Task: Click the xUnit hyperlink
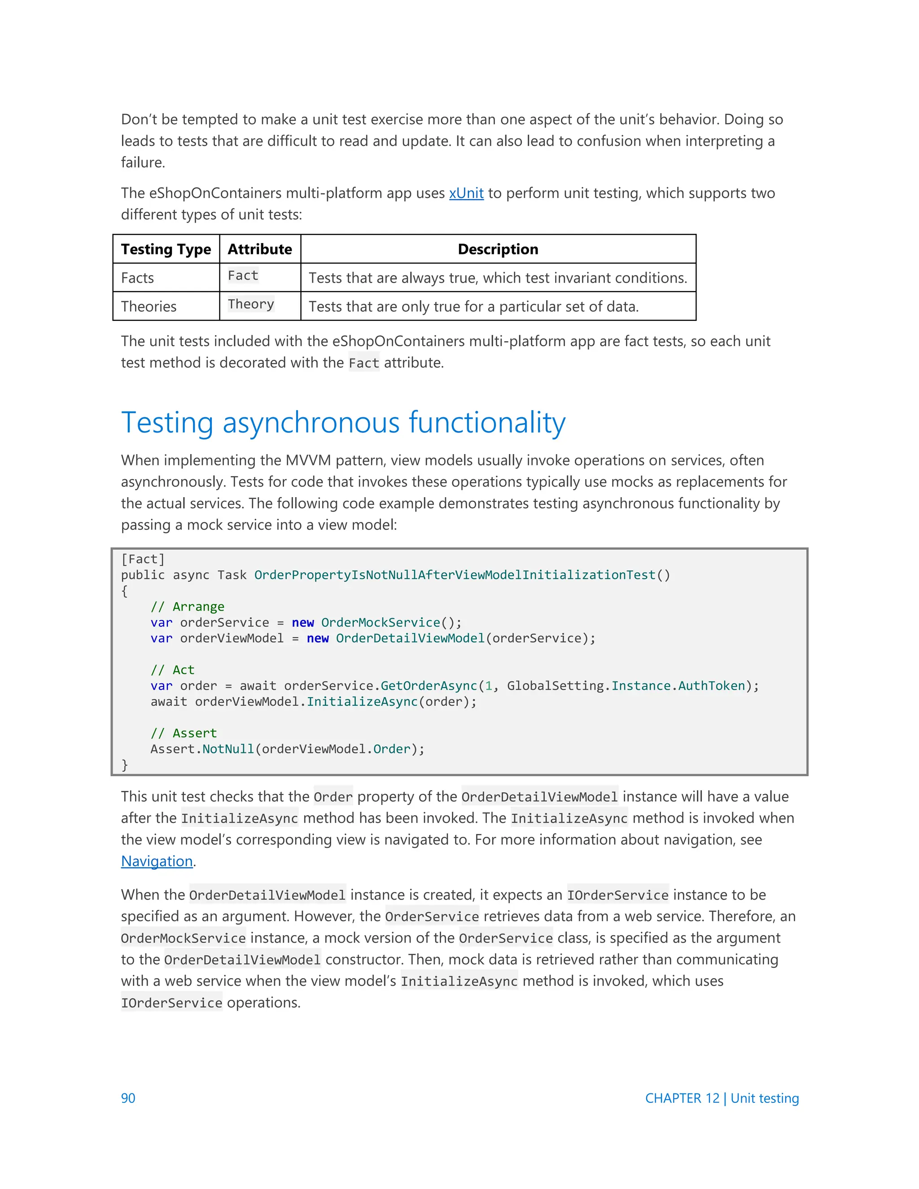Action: (x=466, y=193)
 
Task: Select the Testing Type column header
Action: (x=166, y=249)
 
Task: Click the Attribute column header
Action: (x=260, y=249)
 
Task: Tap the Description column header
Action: (x=498, y=249)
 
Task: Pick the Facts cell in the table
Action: (x=138, y=278)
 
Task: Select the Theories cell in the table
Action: (x=149, y=306)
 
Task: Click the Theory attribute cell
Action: (x=250, y=304)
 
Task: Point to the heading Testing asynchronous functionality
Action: (x=343, y=423)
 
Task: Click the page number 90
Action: (x=128, y=1098)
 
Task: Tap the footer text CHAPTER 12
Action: (x=682, y=1098)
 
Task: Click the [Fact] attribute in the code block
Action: (x=143, y=559)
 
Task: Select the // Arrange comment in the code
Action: (x=187, y=607)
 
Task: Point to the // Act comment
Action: (x=173, y=669)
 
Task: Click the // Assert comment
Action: (x=184, y=733)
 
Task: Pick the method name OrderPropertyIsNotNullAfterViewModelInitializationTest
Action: (x=455, y=575)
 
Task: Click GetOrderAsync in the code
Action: (x=429, y=686)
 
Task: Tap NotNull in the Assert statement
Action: (x=228, y=749)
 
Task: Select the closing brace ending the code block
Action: (x=125, y=765)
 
